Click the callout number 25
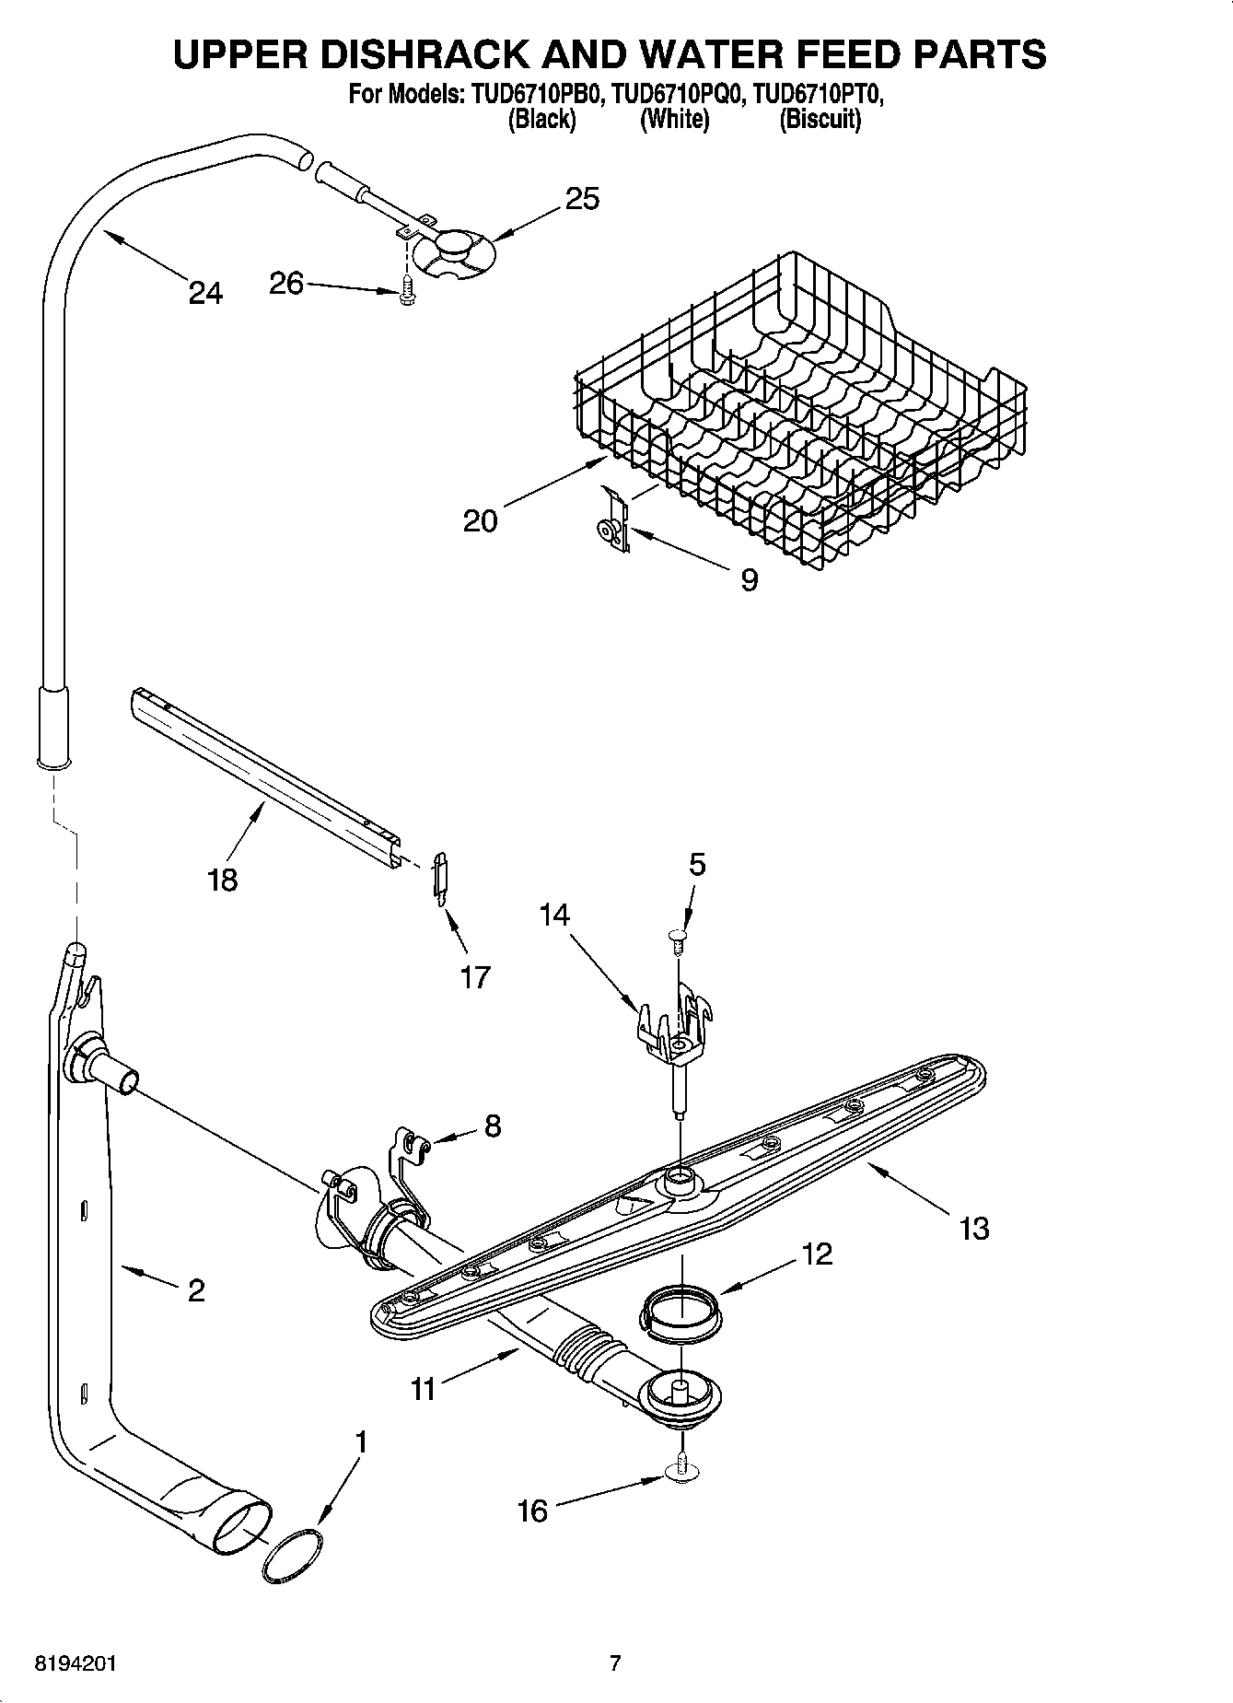pyautogui.click(x=582, y=199)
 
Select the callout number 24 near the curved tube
pyautogui.click(x=205, y=293)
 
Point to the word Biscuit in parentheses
pyautogui.click(x=820, y=120)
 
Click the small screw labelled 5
pyautogui.click(x=679, y=939)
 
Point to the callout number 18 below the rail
pyautogui.click(x=223, y=880)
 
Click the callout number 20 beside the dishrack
pyautogui.click(x=480, y=521)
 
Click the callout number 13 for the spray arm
pyautogui.click(x=973, y=1228)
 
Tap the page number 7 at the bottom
pyautogui.click(x=615, y=1663)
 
